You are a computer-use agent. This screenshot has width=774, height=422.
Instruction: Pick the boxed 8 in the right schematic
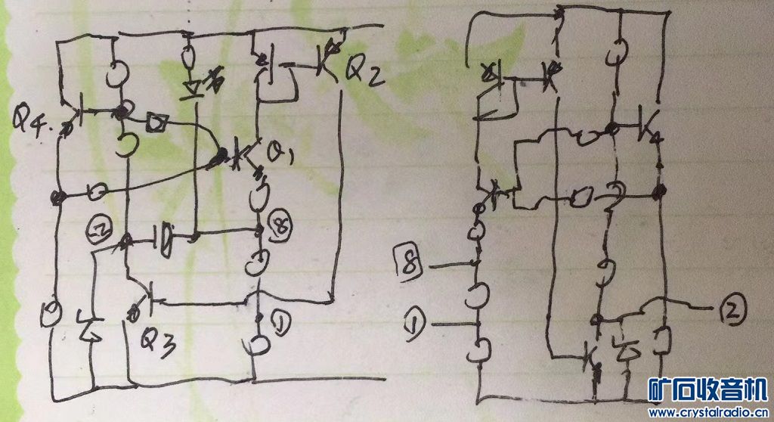point(409,265)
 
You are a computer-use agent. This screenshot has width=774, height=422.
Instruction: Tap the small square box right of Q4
point(158,120)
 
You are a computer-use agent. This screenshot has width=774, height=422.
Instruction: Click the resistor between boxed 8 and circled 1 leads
point(478,296)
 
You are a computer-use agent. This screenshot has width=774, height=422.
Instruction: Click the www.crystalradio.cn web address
point(708,413)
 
